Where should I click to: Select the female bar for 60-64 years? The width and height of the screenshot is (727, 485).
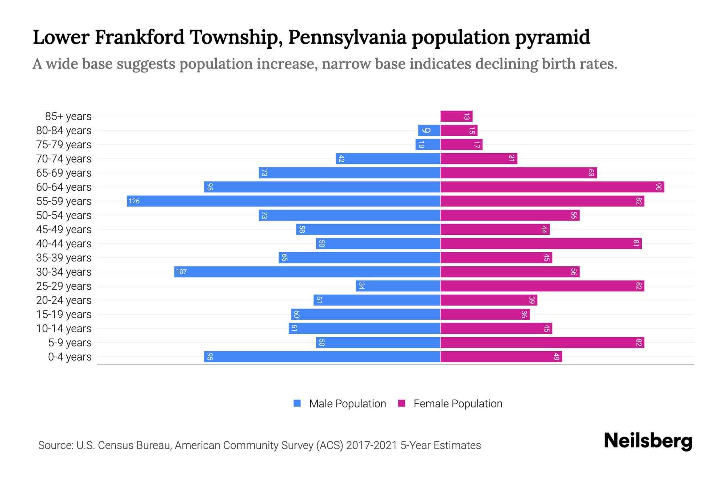click(552, 187)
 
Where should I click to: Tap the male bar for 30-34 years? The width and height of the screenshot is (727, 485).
click(307, 272)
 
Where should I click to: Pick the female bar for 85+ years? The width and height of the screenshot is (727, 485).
click(456, 116)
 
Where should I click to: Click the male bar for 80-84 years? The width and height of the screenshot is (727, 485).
click(429, 130)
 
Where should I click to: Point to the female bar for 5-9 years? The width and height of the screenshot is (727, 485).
click(542, 342)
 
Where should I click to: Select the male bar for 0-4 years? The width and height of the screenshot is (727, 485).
click(322, 356)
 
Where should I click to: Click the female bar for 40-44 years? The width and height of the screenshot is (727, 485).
click(541, 243)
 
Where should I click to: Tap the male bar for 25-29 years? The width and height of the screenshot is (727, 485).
click(398, 286)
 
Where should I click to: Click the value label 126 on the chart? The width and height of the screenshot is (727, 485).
click(134, 201)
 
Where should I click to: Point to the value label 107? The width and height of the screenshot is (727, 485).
click(181, 272)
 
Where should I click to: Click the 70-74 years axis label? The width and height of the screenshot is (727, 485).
click(64, 159)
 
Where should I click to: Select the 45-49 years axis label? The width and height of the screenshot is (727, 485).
click(64, 230)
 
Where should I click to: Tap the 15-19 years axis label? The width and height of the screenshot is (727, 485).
click(64, 314)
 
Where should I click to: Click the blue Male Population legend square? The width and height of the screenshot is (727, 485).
click(297, 403)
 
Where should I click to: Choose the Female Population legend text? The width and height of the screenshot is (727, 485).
click(458, 403)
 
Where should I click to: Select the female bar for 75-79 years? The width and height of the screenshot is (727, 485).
click(461, 144)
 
